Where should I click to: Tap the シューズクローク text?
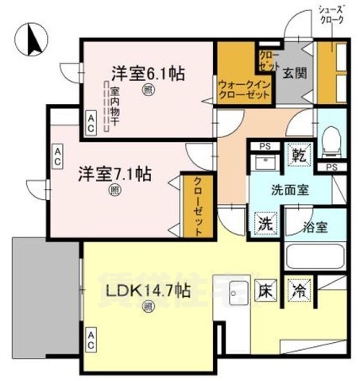(x=332, y=14)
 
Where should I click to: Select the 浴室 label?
(x=315, y=226)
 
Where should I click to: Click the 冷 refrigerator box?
(x=300, y=291)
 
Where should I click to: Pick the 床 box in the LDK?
(x=265, y=291)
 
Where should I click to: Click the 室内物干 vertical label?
(x=115, y=107)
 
